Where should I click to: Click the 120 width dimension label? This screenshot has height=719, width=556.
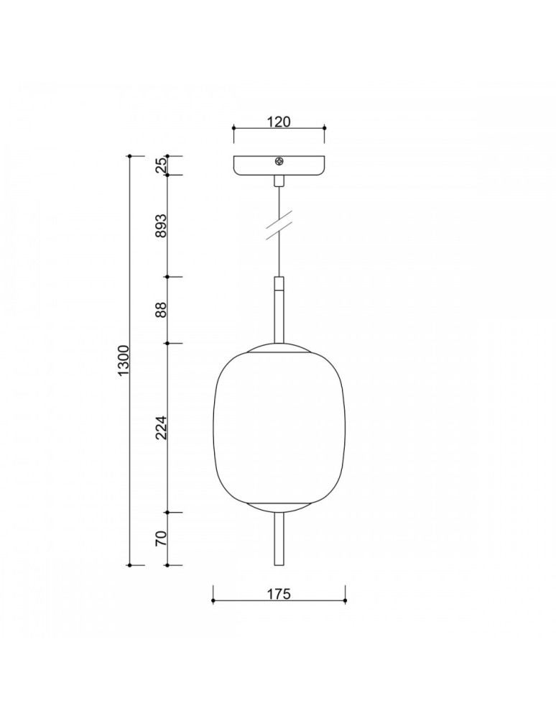point(279,122)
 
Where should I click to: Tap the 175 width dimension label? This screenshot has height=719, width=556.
point(279,594)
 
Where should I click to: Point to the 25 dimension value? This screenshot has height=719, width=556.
point(162,165)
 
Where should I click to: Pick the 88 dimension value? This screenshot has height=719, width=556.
point(162,310)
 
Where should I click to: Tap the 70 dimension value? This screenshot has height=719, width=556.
point(162,539)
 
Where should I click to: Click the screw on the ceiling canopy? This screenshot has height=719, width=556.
point(279,162)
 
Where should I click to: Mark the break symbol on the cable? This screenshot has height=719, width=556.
point(279,223)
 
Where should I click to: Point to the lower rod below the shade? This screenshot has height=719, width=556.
point(279,539)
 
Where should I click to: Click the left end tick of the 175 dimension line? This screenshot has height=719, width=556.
point(213,600)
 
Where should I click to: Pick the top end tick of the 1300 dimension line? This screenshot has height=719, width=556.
point(129,156)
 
